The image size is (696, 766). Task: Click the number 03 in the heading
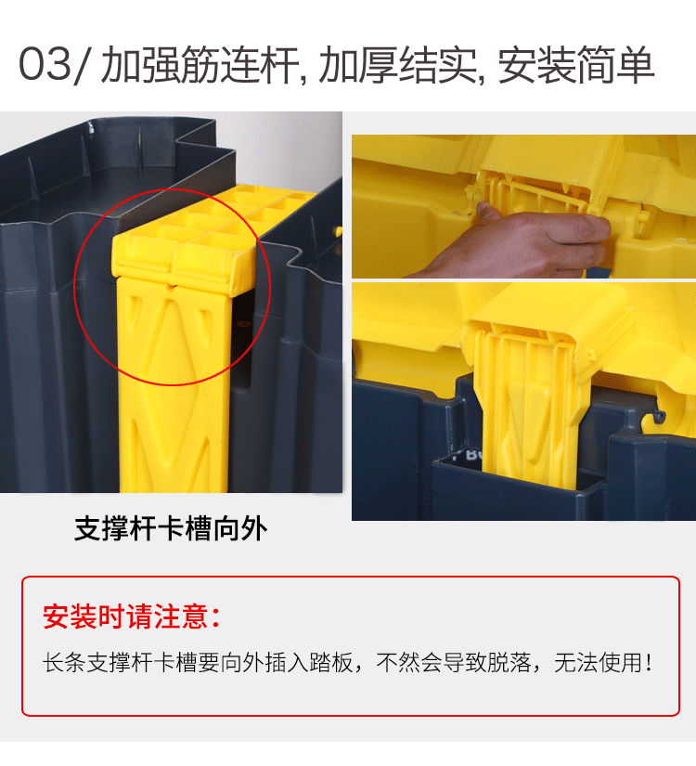[45, 63]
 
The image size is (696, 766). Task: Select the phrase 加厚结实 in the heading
[397, 64]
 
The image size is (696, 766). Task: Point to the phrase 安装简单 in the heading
[575, 64]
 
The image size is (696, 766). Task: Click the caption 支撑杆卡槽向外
[171, 528]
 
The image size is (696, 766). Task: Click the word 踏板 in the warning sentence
[331, 663]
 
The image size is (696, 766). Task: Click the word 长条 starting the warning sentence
[64, 663]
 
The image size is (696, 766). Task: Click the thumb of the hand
[488, 213]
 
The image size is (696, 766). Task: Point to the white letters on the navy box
[468, 455]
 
